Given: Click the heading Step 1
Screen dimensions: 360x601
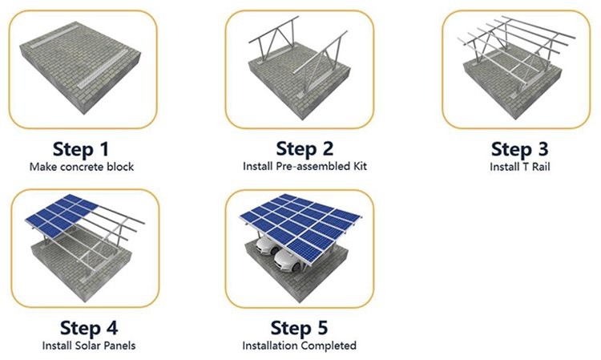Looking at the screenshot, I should pyautogui.click(x=80, y=148).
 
